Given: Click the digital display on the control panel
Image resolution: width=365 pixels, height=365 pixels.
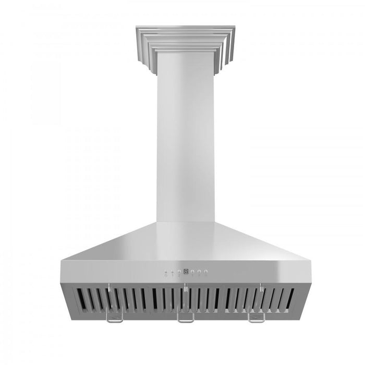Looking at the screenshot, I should coord(186,272).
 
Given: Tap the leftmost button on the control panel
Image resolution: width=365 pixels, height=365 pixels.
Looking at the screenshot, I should coord(166,272).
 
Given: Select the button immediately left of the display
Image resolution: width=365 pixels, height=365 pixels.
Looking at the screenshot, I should coord(179,272).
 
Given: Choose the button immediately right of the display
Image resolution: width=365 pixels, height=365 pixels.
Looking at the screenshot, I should coord(192,272).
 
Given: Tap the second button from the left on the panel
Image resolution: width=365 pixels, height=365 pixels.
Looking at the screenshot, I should coord(173,272).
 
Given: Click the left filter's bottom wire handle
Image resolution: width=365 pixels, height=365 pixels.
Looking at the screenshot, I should coord(115,318).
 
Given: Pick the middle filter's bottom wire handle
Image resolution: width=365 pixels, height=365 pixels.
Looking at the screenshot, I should coord(185,318).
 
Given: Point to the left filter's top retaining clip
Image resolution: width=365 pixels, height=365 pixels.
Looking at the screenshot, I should coord(110,286).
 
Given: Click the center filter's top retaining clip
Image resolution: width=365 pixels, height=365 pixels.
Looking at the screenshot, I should coord(185,286).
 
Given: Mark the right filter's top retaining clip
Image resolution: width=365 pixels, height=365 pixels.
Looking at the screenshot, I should coord(260,286).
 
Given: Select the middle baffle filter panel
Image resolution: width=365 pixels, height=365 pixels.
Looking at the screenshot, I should coord(185,301).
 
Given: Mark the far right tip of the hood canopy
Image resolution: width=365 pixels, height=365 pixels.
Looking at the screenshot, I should coord(308,261).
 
